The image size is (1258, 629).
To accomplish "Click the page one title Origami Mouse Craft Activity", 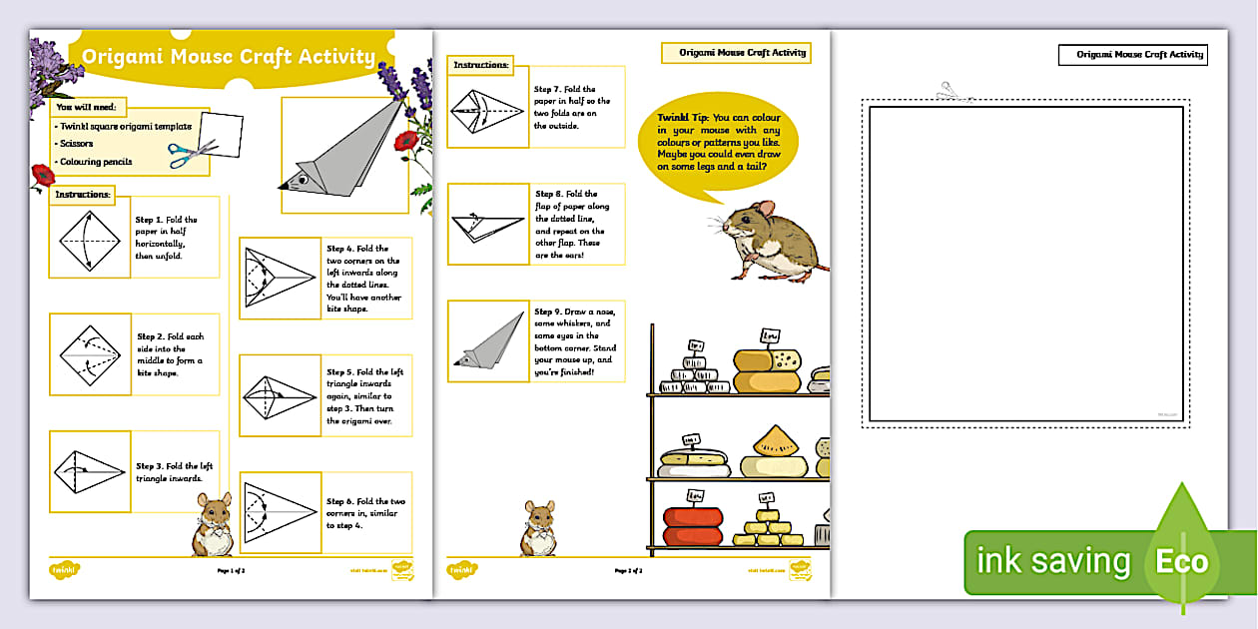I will tap(229, 57).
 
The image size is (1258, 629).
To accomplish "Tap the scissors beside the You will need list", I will tap(192, 154).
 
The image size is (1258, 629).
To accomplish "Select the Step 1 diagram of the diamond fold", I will tap(90, 243).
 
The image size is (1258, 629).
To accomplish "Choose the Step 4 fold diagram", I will tap(279, 277).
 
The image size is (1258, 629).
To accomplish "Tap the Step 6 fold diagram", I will tap(279, 510).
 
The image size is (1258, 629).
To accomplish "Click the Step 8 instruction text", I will tap(573, 225).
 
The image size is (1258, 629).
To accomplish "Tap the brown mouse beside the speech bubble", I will tap(770, 239).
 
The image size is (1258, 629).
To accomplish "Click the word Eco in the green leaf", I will tap(1181, 561).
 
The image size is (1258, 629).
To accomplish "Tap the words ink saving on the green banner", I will tap(1053, 561).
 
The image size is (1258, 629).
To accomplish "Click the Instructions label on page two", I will tap(480, 65).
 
